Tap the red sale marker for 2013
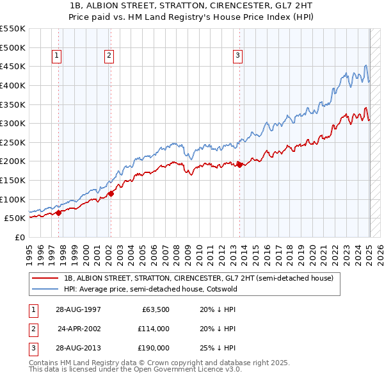pyautogui.click(x=240, y=165)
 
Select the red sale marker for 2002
pyautogui.click(x=111, y=193)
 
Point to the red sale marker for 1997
pyautogui.click(x=58, y=213)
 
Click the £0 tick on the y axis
pyautogui.click(x=19, y=237)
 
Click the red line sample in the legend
pyautogui.click(x=45, y=279)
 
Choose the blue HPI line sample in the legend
pyautogui.click(x=45, y=289)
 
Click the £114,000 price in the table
pyautogui.click(x=153, y=329)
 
